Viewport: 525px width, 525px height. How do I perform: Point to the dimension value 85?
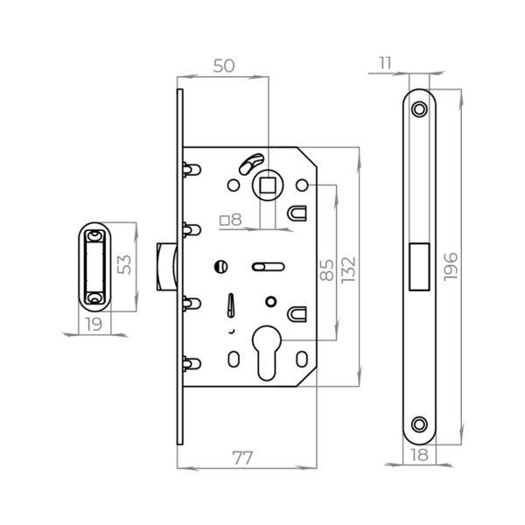click(x=325, y=269)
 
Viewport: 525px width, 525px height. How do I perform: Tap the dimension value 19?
click(x=94, y=324)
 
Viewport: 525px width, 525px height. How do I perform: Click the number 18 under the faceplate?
click(x=419, y=456)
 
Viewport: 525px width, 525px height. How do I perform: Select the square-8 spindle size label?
click(x=231, y=220)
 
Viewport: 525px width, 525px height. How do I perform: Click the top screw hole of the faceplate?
click(x=420, y=108)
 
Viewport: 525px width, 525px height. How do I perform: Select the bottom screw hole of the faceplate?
click(x=420, y=423)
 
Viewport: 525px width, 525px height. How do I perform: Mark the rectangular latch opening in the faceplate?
click(x=419, y=266)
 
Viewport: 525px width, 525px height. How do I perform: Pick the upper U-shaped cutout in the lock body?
click(x=297, y=213)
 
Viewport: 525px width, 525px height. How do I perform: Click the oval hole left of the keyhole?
click(x=234, y=359)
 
